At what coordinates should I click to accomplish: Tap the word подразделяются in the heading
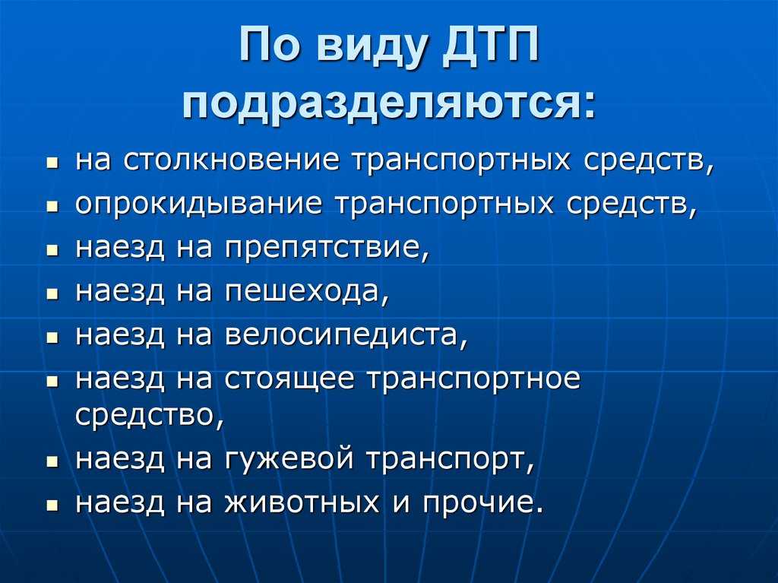[x=389, y=103]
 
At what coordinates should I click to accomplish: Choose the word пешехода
[x=307, y=292]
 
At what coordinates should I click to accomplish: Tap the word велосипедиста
[x=346, y=336]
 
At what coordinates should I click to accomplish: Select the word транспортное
[x=473, y=379]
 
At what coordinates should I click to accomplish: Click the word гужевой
[x=289, y=458]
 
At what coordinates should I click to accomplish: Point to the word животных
[x=302, y=502]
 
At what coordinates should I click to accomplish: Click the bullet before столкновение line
[x=52, y=163]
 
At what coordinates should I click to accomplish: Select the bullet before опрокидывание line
[x=52, y=206]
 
